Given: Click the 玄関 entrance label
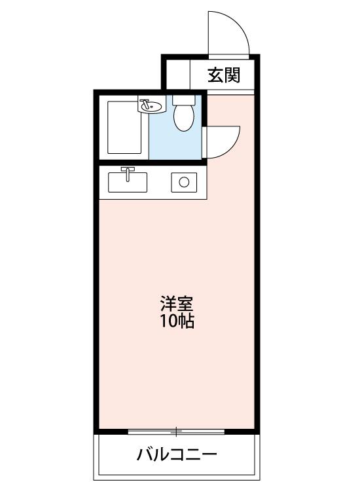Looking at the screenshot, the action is pos(224,75).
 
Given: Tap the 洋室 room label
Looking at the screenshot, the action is pos(177,303).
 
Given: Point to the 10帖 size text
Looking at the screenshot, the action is pos(177,321).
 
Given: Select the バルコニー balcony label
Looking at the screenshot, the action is pos(177,454).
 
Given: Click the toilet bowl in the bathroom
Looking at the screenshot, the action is pos(184,118).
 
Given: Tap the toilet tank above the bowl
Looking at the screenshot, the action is pos(184,100).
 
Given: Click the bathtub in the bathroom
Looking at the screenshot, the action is pos(124,127).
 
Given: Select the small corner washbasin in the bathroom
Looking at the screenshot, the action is pos(151,106).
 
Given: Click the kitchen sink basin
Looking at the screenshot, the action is pos(128,182).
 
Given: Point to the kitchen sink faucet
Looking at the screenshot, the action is pos(128,173).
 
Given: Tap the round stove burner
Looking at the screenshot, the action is pos(184,182).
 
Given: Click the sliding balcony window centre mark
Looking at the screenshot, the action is pos(176,432).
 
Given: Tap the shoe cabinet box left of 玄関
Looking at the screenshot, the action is pos(178,75).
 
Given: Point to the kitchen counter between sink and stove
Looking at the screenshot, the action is pos(159,183).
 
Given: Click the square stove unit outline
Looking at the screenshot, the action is pos(184,182).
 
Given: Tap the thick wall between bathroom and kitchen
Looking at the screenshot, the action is pos(153,162).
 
